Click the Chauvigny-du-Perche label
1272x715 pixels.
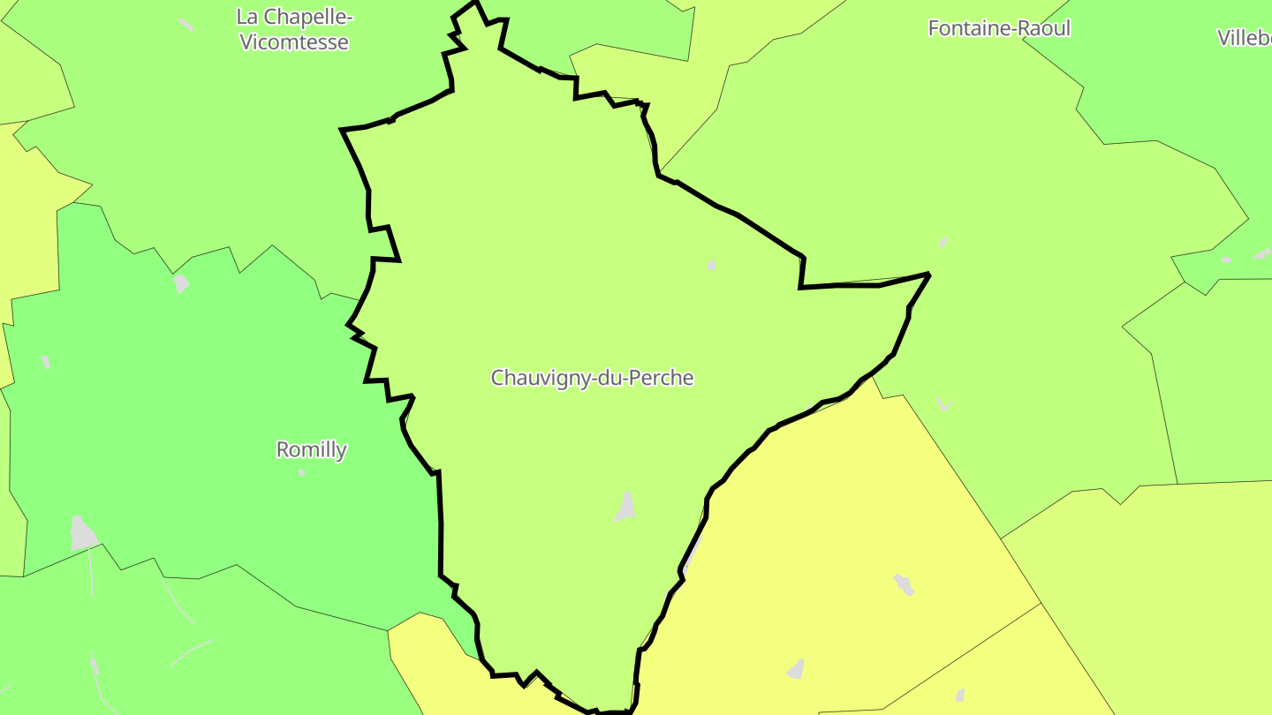coord(592,378)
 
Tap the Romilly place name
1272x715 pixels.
coord(311,449)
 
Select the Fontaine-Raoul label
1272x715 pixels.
coord(998,28)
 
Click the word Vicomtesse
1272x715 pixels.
coord(294,41)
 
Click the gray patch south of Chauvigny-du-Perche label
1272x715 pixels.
coord(626,507)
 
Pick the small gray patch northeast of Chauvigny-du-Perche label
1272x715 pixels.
coord(711,265)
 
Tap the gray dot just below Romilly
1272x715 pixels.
coord(302,472)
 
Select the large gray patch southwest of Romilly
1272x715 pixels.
coord(83,532)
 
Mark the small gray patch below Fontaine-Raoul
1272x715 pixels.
coord(943,242)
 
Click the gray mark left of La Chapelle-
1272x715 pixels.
coord(185,24)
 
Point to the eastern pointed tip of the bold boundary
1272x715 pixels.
coord(928,275)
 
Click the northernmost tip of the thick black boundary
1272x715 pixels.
coord(475,3)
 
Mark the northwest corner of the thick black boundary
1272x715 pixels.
coord(343,130)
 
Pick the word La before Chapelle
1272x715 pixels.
coord(246,17)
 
